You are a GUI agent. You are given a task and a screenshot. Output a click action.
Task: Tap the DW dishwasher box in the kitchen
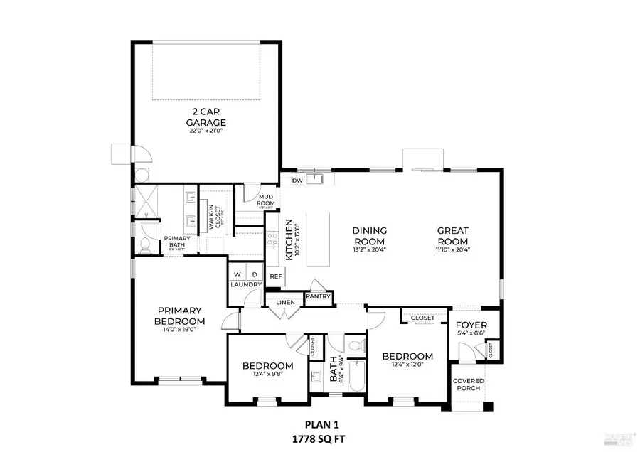pyautogui.click(x=297, y=181)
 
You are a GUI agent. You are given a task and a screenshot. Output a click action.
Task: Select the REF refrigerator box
pyautogui.click(x=275, y=276)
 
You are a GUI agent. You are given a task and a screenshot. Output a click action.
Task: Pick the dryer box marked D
pyautogui.click(x=253, y=274)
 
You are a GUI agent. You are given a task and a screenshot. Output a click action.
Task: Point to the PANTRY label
pyautogui.click(x=318, y=296)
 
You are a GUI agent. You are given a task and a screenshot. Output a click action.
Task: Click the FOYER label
pyautogui.click(x=470, y=325)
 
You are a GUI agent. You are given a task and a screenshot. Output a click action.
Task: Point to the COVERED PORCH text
pyautogui.click(x=469, y=384)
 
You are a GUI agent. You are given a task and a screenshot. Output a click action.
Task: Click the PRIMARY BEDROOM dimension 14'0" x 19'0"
pyautogui.click(x=181, y=330)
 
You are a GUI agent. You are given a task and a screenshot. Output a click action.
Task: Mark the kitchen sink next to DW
pyautogui.click(x=317, y=178)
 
